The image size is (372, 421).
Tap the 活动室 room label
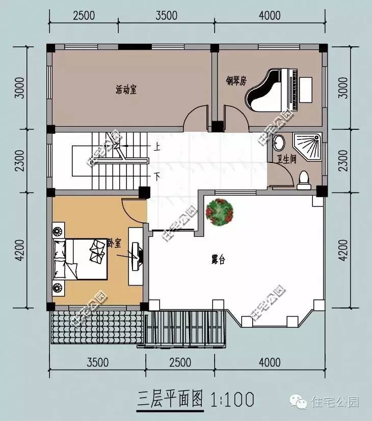point(126,90)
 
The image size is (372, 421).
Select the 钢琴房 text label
point(236,80)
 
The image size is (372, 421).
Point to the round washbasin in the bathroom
point(280,143)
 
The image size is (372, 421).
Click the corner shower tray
point(307,147)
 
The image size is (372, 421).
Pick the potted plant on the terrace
point(219,211)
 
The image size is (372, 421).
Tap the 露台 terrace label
point(218,260)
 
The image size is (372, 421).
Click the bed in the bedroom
point(80,259)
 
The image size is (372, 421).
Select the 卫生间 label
point(286,159)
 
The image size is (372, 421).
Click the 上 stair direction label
point(157,147)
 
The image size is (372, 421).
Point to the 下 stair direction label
point(157,177)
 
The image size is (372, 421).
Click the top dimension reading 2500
point(84,15)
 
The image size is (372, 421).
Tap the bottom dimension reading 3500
point(97,362)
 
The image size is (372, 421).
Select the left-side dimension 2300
point(20,160)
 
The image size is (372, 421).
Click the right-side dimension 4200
point(343,250)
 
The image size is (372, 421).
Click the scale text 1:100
point(233,399)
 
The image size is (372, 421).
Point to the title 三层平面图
point(170,399)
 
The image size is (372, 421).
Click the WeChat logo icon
point(298,402)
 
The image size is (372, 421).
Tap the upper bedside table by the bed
point(58,230)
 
